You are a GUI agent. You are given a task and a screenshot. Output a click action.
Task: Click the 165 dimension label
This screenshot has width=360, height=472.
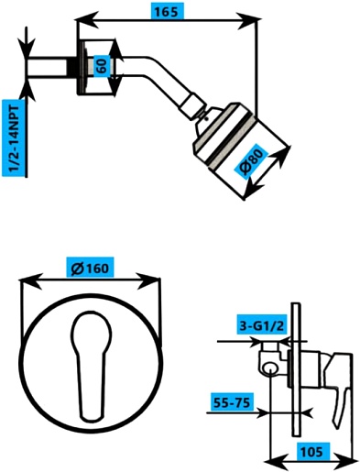coord(168,12)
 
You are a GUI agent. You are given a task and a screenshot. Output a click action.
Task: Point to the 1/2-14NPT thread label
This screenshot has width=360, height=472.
coord(15,138)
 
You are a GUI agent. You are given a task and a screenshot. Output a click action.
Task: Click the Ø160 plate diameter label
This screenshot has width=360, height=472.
coord(90,268)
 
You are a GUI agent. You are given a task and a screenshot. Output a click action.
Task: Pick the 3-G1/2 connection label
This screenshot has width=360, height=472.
coord(262,325)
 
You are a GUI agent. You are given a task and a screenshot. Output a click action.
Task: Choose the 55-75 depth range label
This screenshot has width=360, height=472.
coord(233,402)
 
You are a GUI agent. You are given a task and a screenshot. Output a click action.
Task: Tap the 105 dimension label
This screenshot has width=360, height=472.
coord(311,452)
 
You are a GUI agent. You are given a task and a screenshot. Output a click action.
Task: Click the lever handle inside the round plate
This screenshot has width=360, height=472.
coord(91,367)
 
